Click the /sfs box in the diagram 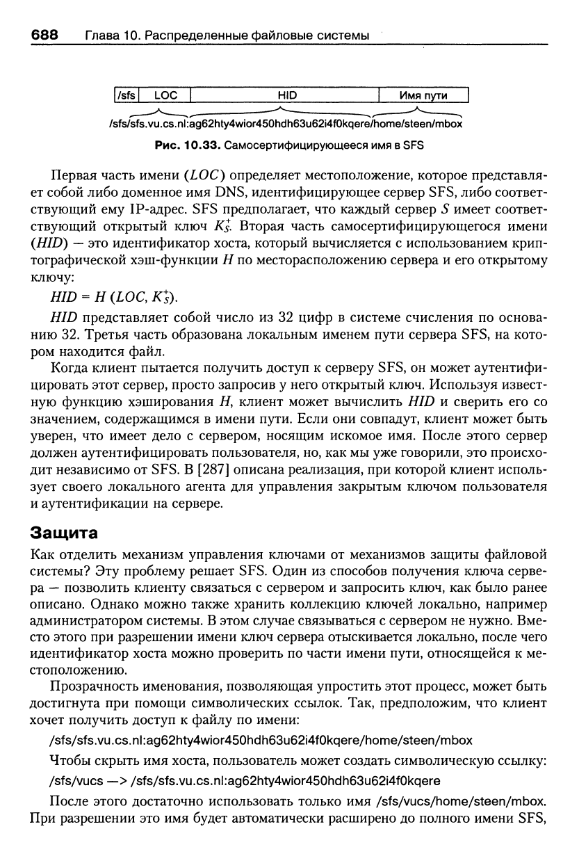[x=127, y=95]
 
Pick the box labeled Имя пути [x=423, y=95]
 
